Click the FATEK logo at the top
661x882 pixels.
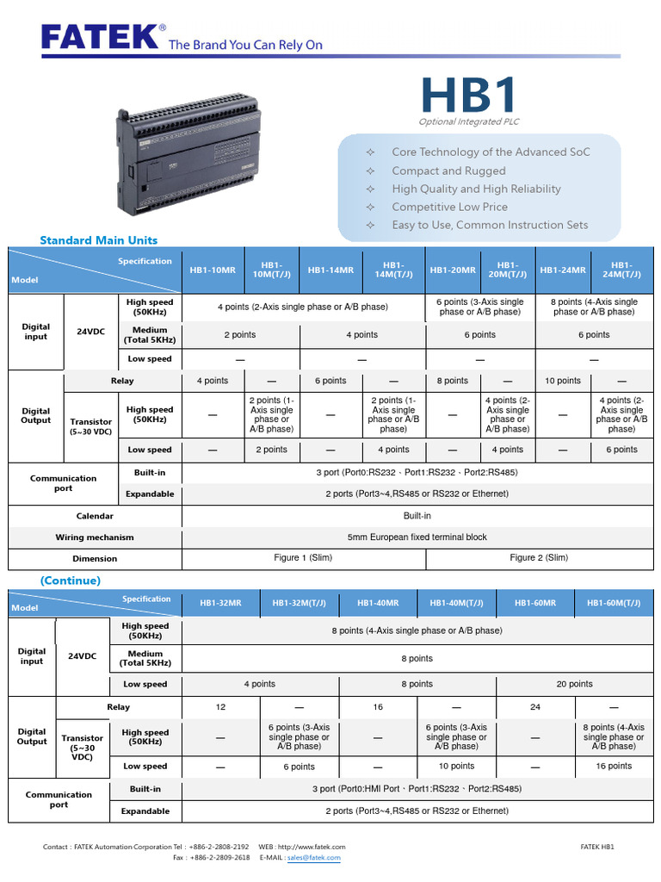[x=102, y=37]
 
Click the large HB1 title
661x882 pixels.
[x=469, y=96]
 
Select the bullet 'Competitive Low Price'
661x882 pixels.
[x=449, y=207]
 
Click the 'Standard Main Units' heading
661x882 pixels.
[x=99, y=240]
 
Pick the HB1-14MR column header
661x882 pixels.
[x=330, y=270]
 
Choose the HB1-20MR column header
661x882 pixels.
[x=453, y=270]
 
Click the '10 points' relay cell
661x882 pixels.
[x=563, y=381]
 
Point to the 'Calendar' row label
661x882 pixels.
[x=95, y=516]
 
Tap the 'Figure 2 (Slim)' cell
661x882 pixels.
[x=539, y=558]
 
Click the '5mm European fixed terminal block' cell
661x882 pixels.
[x=417, y=537]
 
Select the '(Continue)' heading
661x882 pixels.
[x=71, y=581]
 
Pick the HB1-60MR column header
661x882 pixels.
[x=535, y=604]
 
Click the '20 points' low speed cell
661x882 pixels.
[x=574, y=684]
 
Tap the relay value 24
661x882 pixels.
[x=535, y=707]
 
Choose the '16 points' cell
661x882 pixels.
[x=614, y=766]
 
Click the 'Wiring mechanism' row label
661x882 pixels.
[x=95, y=537]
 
